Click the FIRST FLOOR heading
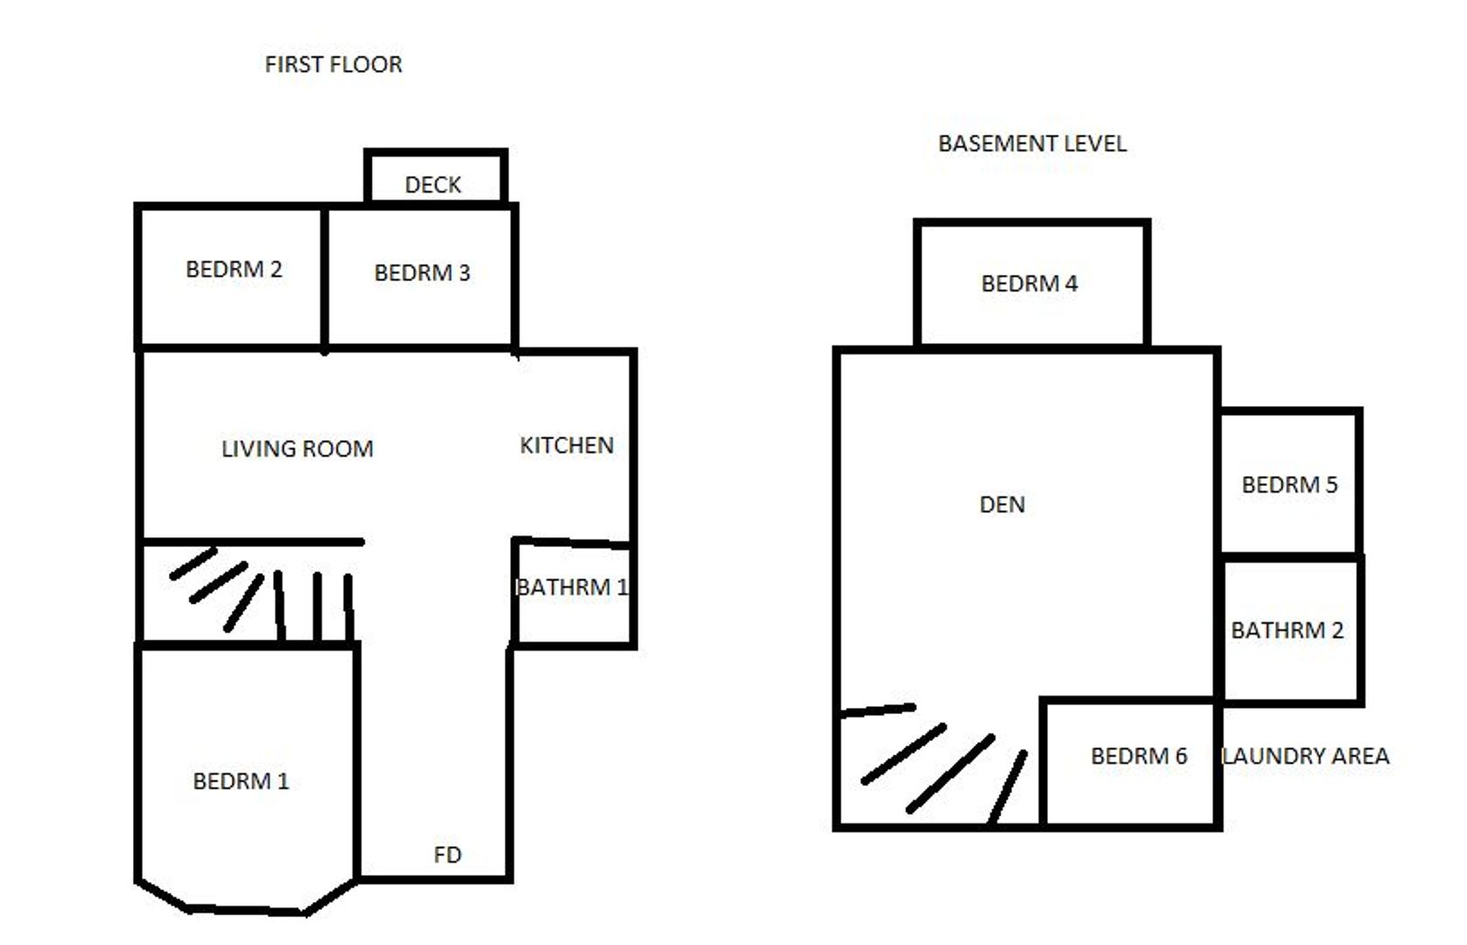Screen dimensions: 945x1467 pyautogui.click(x=333, y=65)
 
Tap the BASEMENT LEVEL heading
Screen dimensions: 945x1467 pyautogui.click(x=1032, y=143)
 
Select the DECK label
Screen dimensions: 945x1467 pyautogui.click(x=433, y=185)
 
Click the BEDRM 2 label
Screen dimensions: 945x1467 pyautogui.click(x=234, y=269)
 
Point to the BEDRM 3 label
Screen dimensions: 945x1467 pyautogui.click(x=422, y=273)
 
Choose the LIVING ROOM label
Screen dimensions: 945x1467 pyautogui.click(x=297, y=449)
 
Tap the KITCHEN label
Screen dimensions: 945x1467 pyautogui.click(x=567, y=445)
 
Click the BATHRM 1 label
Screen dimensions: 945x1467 pyautogui.click(x=572, y=587)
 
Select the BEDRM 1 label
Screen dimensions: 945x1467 pyautogui.click(x=241, y=781)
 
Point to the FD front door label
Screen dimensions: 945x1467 pyautogui.click(x=447, y=855)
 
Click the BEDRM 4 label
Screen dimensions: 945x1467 pyautogui.click(x=1030, y=283)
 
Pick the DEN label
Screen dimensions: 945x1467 pyautogui.click(x=1002, y=504)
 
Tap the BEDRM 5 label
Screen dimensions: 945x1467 pyautogui.click(x=1289, y=485)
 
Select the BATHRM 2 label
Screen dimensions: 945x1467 pyautogui.click(x=1287, y=630)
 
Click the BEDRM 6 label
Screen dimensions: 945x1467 pyautogui.click(x=1139, y=756)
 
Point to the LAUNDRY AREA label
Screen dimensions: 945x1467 pyautogui.click(x=1305, y=756)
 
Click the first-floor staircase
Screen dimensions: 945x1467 pyautogui.click(x=262, y=595)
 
